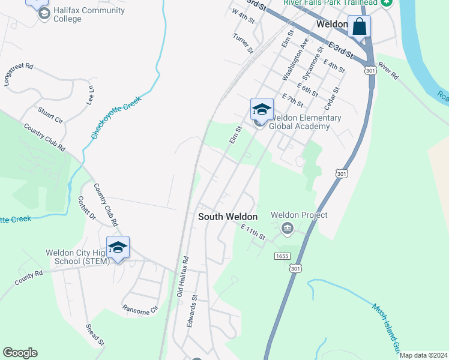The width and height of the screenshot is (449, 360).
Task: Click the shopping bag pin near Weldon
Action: (359, 27)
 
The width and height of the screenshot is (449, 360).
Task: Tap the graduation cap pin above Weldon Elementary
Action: (262, 109)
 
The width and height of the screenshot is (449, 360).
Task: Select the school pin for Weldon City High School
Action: (118, 247)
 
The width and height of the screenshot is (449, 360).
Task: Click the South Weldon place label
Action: (228, 217)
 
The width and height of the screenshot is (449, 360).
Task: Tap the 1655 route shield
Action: (283, 256)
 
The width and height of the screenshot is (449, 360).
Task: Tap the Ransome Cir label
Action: (140, 310)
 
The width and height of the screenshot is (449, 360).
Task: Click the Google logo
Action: (20, 353)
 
